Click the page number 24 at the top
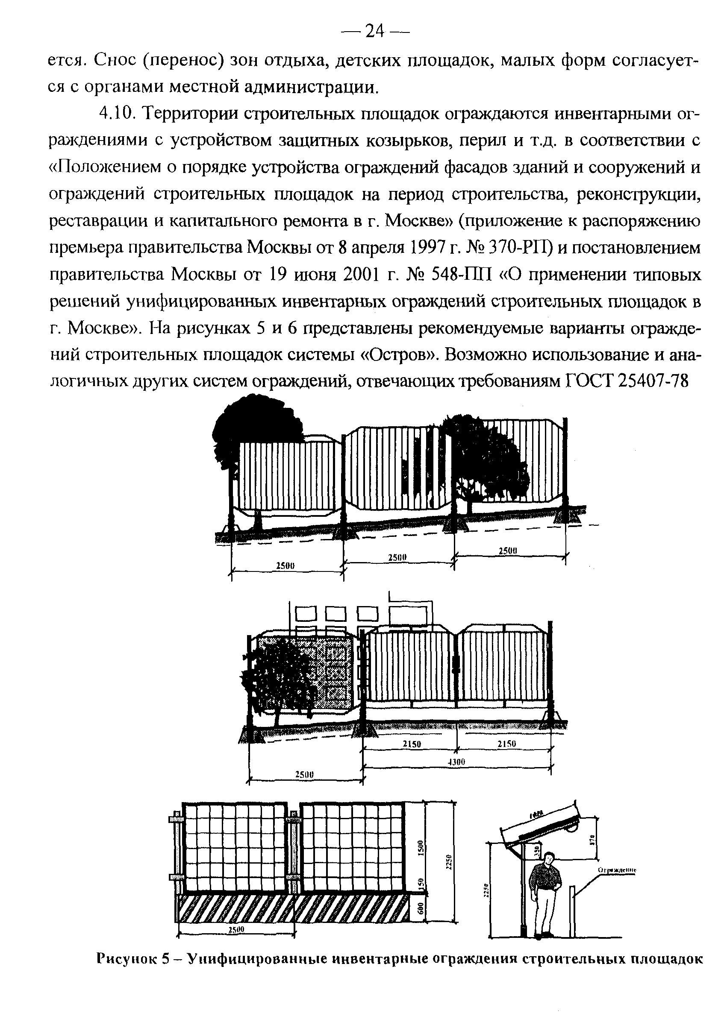[374, 32]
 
